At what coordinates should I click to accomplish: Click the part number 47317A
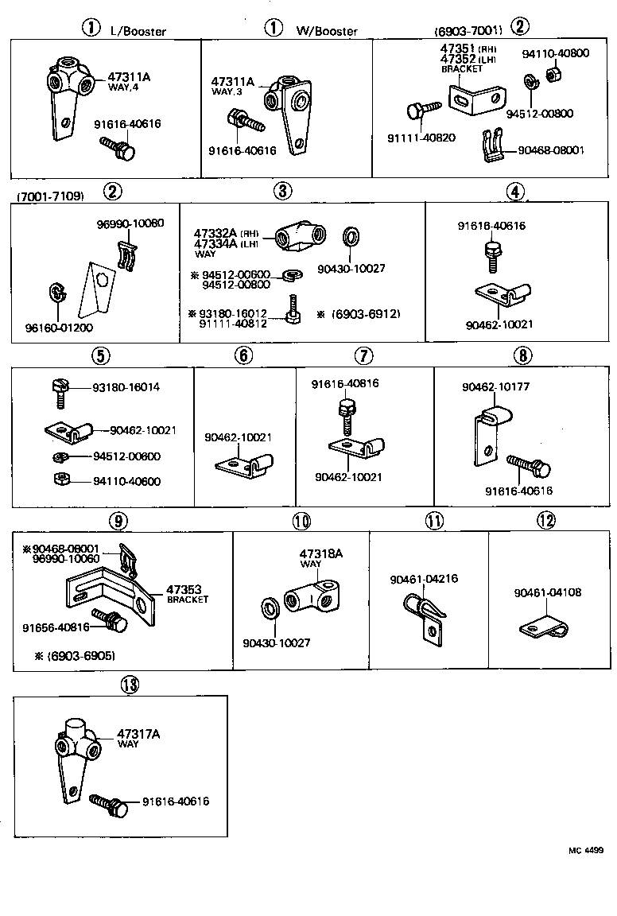[x=138, y=734]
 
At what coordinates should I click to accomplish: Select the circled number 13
[x=129, y=684]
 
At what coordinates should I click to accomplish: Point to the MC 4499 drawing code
[x=585, y=850]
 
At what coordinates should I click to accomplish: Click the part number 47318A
[x=320, y=553]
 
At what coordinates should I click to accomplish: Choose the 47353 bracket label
[x=181, y=589]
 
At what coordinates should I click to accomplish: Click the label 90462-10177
[x=495, y=387]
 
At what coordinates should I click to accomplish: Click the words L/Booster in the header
[x=138, y=31]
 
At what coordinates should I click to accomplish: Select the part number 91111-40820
[x=421, y=138]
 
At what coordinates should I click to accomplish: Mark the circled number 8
[x=522, y=355]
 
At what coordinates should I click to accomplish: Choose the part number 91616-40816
[x=344, y=383]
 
